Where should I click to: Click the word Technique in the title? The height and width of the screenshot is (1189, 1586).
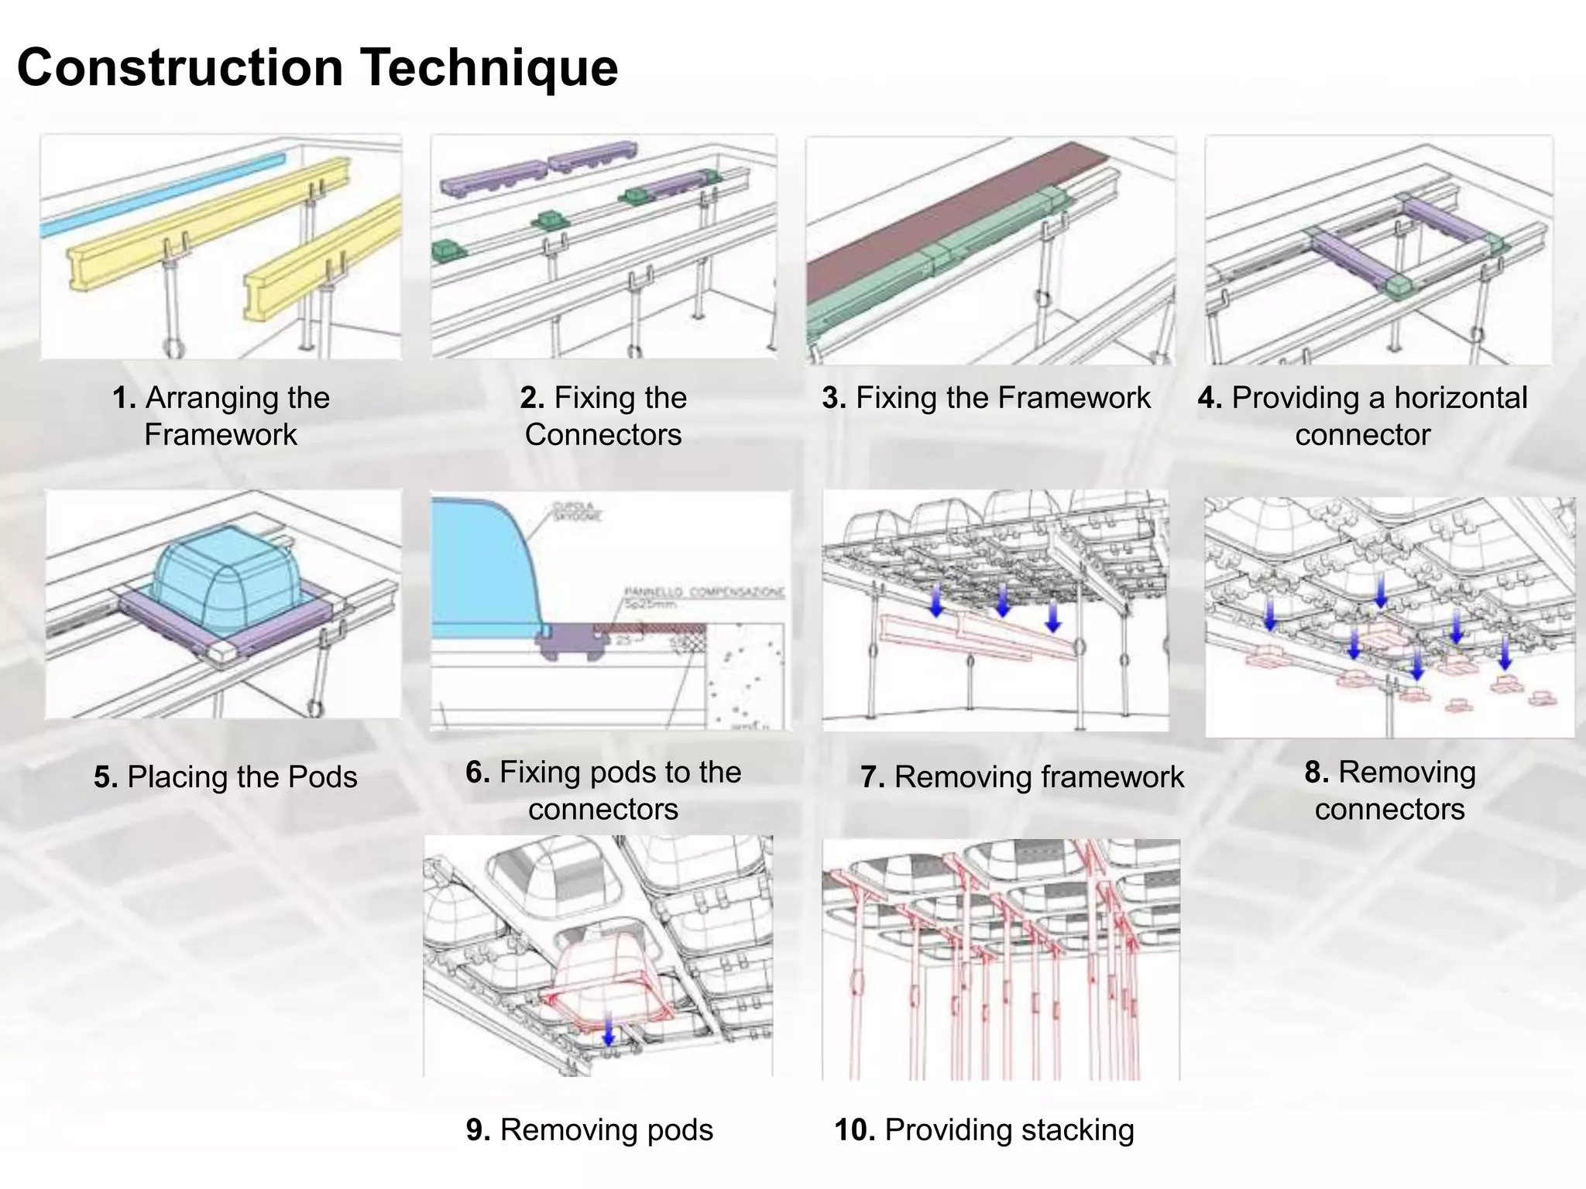pyautogui.click(x=489, y=68)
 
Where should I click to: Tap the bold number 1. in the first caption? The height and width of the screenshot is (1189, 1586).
pyautogui.click(x=124, y=398)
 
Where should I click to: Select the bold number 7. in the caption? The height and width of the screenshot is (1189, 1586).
pyautogui.click(x=873, y=777)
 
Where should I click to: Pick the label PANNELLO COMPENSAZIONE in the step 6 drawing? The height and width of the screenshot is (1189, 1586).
pyautogui.click(x=703, y=593)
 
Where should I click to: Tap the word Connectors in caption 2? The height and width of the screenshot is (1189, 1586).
pyautogui.click(x=603, y=435)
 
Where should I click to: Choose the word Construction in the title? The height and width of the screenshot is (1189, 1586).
pyautogui.click(x=180, y=68)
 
